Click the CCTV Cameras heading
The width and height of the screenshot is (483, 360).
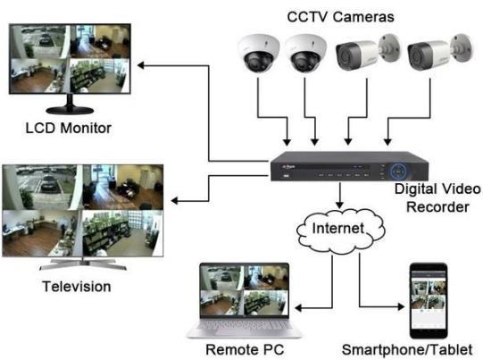click(340, 17)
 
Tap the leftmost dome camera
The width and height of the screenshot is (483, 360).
click(259, 54)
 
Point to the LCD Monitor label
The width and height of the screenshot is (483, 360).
click(69, 128)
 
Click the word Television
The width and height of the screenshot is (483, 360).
click(77, 287)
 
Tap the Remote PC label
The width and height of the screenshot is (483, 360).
click(245, 349)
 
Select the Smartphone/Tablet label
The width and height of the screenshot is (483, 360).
click(407, 349)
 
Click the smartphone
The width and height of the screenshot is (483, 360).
click(429, 301)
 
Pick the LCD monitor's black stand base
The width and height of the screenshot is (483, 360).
click(70, 110)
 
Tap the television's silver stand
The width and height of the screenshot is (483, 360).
click(83, 264)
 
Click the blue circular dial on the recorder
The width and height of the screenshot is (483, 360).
click(398, 171)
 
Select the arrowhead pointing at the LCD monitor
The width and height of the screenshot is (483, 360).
click(140, 65)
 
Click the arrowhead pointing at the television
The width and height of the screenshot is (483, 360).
click(174, 201)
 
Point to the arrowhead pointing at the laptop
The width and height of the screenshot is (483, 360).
click(298, 307)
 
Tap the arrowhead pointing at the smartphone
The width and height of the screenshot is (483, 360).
click(401, 306)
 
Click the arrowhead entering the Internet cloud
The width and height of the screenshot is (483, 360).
click(340, 205)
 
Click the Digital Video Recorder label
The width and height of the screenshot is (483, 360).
click(437, 198)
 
